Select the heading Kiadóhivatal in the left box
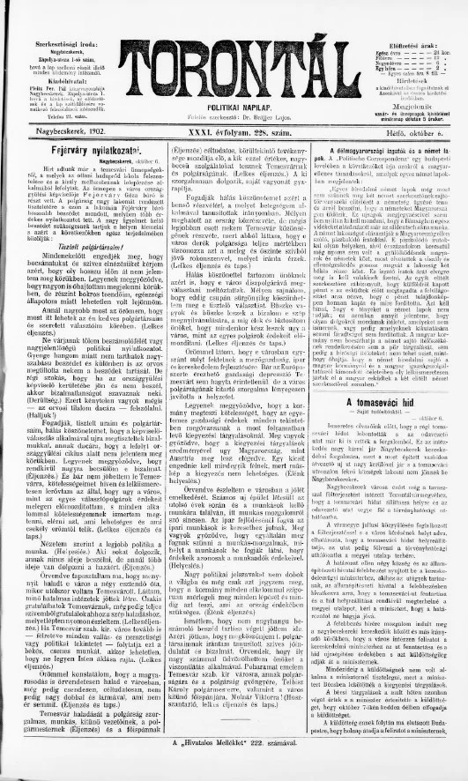click(60, 77)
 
